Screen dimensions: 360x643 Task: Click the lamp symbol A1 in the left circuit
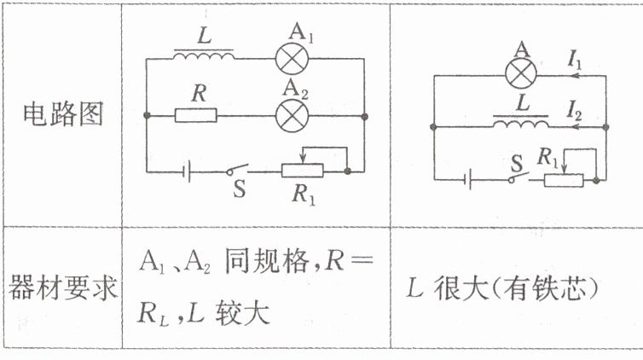(294, 59)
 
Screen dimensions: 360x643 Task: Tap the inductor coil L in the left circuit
(204, 57)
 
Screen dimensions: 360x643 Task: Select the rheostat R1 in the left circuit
(303, 171)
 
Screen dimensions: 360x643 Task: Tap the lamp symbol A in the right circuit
(521, 74)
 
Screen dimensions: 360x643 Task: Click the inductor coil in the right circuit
(520, 125)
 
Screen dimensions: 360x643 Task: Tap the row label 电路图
(61, 115)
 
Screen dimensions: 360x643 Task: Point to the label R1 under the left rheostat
(304, 195)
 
